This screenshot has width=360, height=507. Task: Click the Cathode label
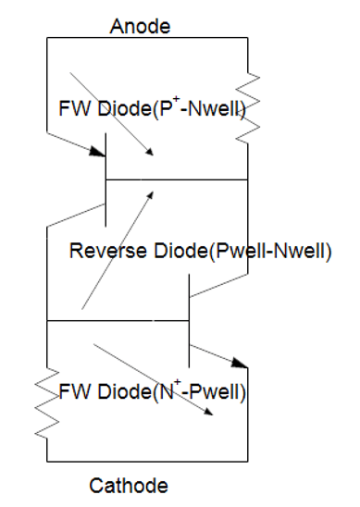coord(130,485)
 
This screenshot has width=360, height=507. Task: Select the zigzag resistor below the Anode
coord(247,106)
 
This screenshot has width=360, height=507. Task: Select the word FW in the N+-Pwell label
coord(73,391)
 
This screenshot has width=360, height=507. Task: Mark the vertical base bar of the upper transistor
coord(106,179)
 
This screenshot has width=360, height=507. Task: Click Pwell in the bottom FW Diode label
coord(212,391)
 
